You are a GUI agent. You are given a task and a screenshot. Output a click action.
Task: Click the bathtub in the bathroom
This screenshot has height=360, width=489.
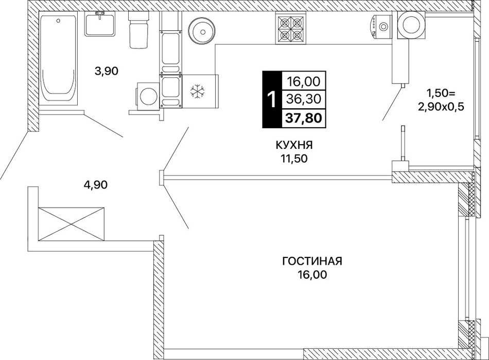(x=58, y=58)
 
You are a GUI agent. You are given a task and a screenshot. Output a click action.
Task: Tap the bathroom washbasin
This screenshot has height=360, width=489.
(x=100, y=24)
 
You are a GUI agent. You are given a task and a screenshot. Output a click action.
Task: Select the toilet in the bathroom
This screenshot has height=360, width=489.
(x=137, y=30)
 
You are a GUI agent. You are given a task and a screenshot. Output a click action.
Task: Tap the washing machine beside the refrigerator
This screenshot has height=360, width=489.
(x=147, y=96)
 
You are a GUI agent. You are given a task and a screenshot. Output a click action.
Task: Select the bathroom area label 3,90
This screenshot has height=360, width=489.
(x=107, y=72)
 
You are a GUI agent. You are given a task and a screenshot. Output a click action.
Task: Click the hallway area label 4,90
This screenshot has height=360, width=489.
(x=95, y=185)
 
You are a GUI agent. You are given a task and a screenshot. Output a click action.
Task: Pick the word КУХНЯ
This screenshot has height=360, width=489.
(x=294, y=145)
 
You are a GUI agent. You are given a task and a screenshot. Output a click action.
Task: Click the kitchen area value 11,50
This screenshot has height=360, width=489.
(x=294, y=159)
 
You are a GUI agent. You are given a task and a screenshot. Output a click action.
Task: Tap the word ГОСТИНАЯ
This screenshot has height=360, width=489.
(x=312, y=261)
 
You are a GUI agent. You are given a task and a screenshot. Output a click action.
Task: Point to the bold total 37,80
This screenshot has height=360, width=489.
(x=304, y=118)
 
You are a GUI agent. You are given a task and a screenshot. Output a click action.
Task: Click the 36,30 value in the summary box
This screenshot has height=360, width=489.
(x=304, y=99)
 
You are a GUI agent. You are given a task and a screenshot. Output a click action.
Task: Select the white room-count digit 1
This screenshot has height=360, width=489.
(x=272, y=99)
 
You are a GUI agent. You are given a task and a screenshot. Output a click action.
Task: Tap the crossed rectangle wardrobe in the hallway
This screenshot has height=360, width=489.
(x=72, y=224)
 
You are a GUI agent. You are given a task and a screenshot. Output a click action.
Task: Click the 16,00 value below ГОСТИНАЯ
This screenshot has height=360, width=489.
(x=312, y=275)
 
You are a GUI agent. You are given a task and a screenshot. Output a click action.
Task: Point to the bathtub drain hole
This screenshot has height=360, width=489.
(x=58, y=21)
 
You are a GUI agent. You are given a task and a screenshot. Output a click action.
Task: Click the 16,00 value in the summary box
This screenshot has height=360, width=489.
(x=304, y=82)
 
